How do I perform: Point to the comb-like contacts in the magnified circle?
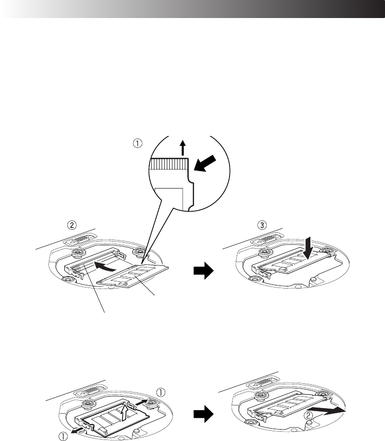(x=169, y=164)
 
